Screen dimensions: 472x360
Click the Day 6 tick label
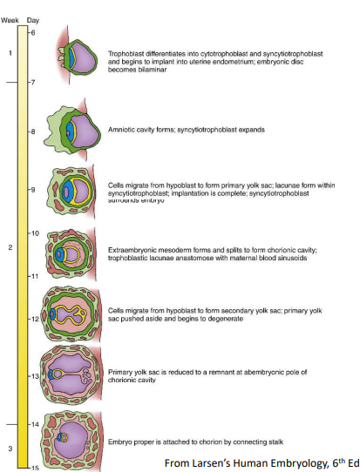pos(32,31)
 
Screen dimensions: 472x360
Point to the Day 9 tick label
pos(33,188)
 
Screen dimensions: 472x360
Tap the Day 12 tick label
pos(34,319)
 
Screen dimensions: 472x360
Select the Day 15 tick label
pos(34,468)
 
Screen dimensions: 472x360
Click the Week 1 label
pos(10,52)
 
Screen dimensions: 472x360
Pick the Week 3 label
pos(10,448)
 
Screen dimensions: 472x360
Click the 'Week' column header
pos(10,21)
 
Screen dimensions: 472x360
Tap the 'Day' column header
pos(33,21)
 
